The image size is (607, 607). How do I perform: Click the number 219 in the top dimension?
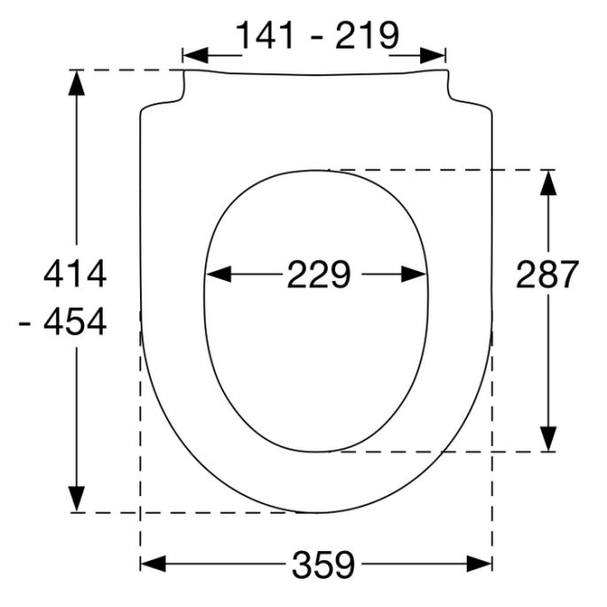pyautogui.click(x=365, y=35)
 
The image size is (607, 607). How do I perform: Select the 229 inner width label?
pyautogui.click(x=318, y=276)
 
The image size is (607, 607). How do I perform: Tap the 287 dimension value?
pyautogui.click(x=548, y=276)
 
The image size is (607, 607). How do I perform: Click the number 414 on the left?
pyautogui.click(x=75, y=275)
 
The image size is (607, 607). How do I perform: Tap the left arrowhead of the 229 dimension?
pyautogui.click(x=218, y=276)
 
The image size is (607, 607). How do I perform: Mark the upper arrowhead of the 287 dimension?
pyautogui.click(x=549, y=183)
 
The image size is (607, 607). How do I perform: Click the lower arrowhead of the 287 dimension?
pyautogui.click(x=549, y=438)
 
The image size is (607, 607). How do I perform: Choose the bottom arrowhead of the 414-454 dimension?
pyautogui.click(x=78, y=499)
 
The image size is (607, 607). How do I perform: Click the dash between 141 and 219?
pyautogui.click(x=317, y=37)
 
